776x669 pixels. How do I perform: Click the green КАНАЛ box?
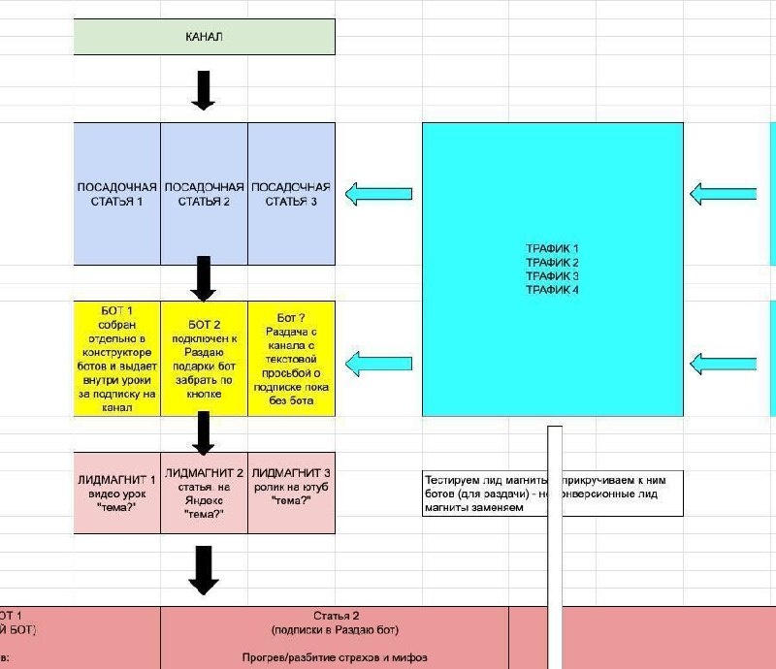pos(204,37)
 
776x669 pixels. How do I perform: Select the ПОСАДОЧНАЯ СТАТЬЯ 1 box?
pos(117,194)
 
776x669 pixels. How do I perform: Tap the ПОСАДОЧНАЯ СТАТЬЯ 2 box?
pos(204,194)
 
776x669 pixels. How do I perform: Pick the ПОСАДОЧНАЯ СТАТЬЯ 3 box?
pos(291,194)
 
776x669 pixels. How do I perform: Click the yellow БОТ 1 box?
pos(117,359)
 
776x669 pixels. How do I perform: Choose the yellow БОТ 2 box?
pos(204,359)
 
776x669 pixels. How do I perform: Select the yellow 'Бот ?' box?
pos(291,359)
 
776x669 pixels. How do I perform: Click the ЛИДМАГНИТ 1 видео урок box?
pos(117,492)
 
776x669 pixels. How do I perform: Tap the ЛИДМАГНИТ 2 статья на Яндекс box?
pos(204,492)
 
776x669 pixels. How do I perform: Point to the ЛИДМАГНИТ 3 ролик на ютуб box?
pos(291,492)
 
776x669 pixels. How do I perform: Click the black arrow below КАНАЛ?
pos(203,89)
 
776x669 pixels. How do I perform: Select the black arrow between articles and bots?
pos(203,278)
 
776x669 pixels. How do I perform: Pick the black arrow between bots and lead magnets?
pos(203,432)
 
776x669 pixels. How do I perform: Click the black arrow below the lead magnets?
pos(203,569)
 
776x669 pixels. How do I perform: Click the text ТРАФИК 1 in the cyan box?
pos(552,249)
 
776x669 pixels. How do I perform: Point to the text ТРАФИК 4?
pos(552,290)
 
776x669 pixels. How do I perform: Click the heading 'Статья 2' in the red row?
pos(336,616)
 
